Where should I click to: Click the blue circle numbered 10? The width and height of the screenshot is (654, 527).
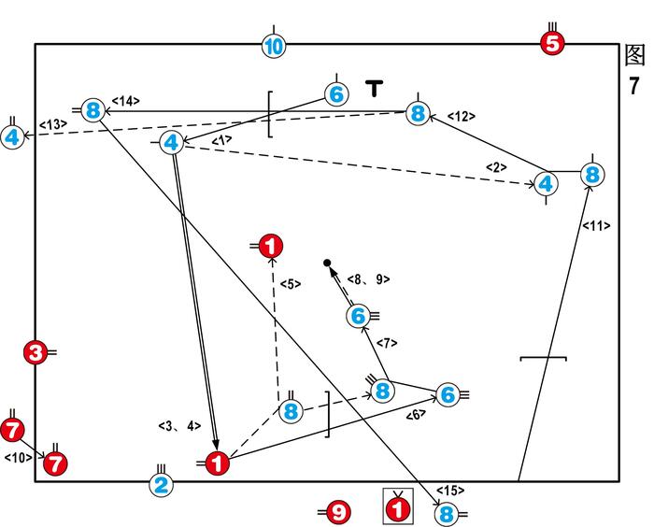click(273, 45)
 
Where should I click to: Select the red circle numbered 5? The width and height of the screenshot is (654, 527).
click(552, 42)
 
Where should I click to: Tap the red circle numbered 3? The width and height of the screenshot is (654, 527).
click(36, 352)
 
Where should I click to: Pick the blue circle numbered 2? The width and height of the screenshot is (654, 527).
click(161, 484)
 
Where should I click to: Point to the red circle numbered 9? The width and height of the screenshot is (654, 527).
click(339, 511)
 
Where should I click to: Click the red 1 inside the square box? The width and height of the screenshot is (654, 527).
click(398, 509)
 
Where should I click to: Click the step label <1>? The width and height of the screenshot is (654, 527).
click(221, 140)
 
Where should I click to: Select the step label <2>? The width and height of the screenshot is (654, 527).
click(495, 166)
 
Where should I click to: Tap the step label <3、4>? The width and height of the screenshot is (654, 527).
click(179, 425)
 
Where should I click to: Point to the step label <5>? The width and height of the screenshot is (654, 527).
click(291, 284)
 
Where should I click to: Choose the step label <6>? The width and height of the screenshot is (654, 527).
click(416, 414)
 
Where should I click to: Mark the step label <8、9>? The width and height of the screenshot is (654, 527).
click(368, 278)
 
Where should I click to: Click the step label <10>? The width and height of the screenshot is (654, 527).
click(19, 458)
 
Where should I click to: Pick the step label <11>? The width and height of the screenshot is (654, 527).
click(595, 225)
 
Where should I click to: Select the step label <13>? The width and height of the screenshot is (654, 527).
click(52, 124)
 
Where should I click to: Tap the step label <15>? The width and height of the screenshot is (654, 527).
click(449, 491)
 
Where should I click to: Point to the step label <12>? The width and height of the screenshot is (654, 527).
click(461, 116)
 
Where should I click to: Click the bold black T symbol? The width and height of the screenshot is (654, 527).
click(374, 90)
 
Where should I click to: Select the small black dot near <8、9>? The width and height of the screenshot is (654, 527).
click(326, 263)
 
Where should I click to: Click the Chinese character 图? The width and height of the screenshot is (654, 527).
click(634, 55)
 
